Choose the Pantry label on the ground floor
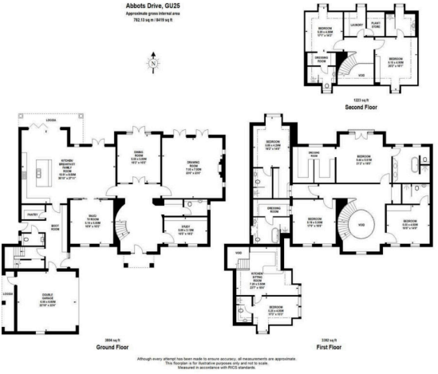coord(33,215)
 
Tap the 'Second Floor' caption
coord(357,106)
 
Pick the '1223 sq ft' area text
coord(357,98)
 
